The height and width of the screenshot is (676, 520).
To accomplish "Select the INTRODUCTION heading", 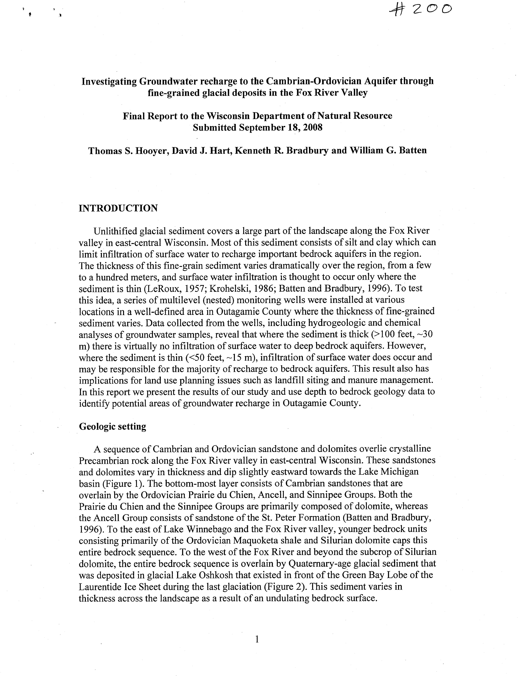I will point(118,208).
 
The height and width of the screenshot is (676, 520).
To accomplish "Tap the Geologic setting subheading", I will point(113,426).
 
